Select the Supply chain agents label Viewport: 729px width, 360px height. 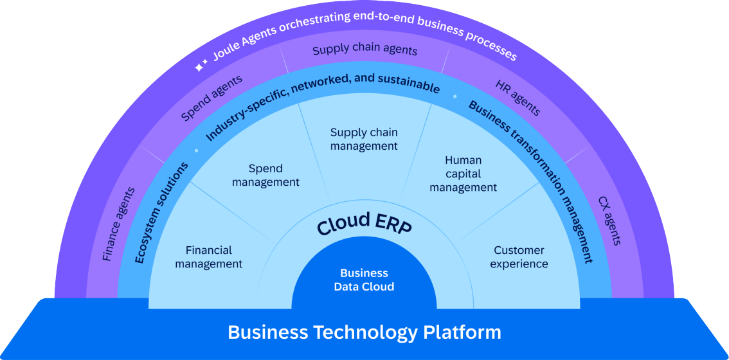click(365, 50)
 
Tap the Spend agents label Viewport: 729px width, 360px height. click(212, 98)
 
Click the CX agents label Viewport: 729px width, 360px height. click(609, 221)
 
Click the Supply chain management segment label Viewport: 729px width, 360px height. click(364, 139)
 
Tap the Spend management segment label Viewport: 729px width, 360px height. click(265, 175)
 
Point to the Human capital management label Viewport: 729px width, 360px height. click(463, 174)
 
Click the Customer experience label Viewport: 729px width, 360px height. click(519, 257)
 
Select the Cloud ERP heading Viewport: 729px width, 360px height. click(364, 223)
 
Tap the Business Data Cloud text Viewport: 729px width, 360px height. click(364, 280)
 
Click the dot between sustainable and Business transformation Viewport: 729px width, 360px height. click(455, 96)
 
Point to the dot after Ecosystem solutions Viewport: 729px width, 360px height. click(196, 150)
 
